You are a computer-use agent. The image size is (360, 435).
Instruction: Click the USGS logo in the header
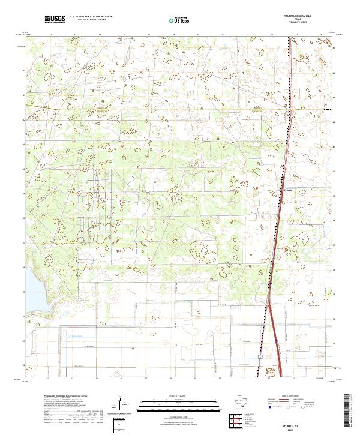tap(54, 19)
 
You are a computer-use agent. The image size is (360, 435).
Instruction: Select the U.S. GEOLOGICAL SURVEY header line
tap(87, 20)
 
